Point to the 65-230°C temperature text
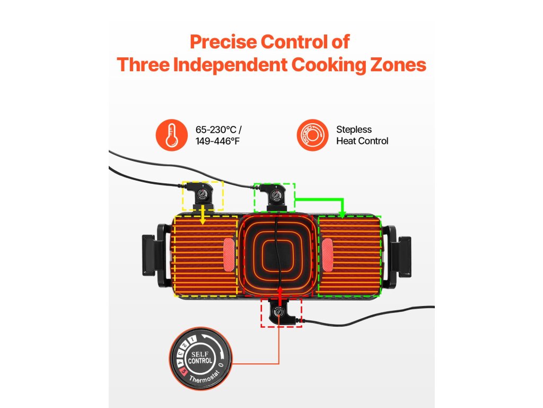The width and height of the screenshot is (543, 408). point(211,130)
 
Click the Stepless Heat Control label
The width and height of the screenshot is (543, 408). point(362,135)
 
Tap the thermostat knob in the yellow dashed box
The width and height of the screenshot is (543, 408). point(202,195)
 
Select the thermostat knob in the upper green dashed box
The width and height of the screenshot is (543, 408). point(274,197)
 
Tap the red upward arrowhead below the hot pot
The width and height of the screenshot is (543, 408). point(280,290)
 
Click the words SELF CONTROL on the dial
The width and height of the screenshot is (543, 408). point(200,358)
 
